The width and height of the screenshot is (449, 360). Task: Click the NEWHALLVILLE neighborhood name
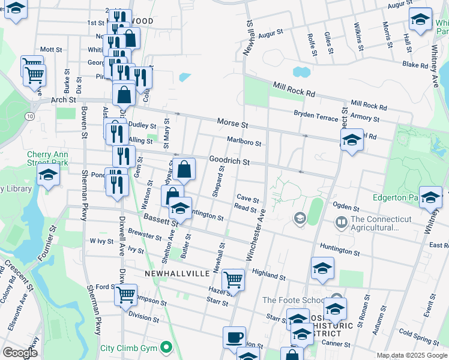pos(177,273)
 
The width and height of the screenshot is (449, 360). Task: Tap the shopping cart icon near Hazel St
pos(233,279)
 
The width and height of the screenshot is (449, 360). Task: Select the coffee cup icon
pos(234,337)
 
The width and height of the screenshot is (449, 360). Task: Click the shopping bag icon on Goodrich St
pos(185,169)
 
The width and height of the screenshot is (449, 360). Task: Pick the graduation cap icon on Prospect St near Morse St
pos(352,140)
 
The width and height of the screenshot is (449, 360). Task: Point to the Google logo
pos(20,353)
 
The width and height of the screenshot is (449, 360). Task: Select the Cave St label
pos(247,199)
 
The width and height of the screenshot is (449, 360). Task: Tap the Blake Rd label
pos(415,64)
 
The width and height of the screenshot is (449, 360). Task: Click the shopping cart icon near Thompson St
pos(125,294)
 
